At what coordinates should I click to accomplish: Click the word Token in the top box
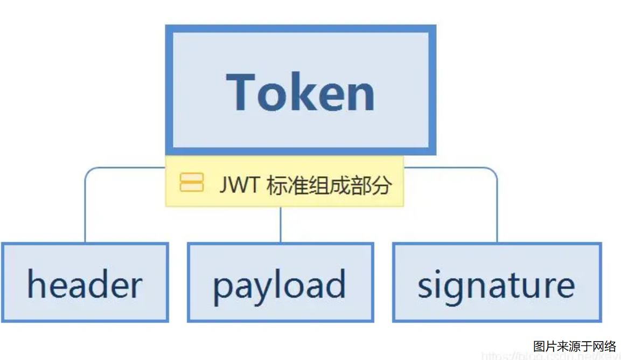[301, 92]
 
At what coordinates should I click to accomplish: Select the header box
[85, 282]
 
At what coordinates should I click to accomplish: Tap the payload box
[280, 282]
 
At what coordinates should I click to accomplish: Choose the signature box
[496, 282]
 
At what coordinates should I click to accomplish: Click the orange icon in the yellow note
[191, 183]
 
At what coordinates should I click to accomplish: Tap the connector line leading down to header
[85, 210]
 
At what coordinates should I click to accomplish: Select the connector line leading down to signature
[497, 210]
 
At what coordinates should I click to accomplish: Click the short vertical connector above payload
[280, 224]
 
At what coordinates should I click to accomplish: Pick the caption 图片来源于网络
[574, 346]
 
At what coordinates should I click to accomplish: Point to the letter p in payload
[221, 288]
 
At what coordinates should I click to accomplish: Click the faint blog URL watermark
[549, 356]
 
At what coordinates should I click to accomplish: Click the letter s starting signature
[425, 286]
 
